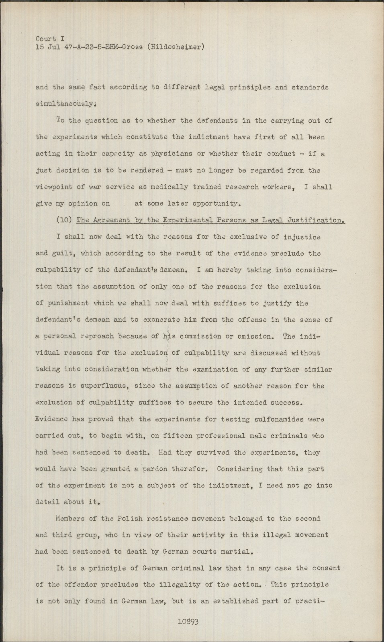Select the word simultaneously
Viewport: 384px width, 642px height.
point(65,104)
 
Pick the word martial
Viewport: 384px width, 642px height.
point(238,551)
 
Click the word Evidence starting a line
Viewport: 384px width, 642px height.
point(52,419)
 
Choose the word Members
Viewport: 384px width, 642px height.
point(71,518)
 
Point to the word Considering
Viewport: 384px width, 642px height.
point(239,469)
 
